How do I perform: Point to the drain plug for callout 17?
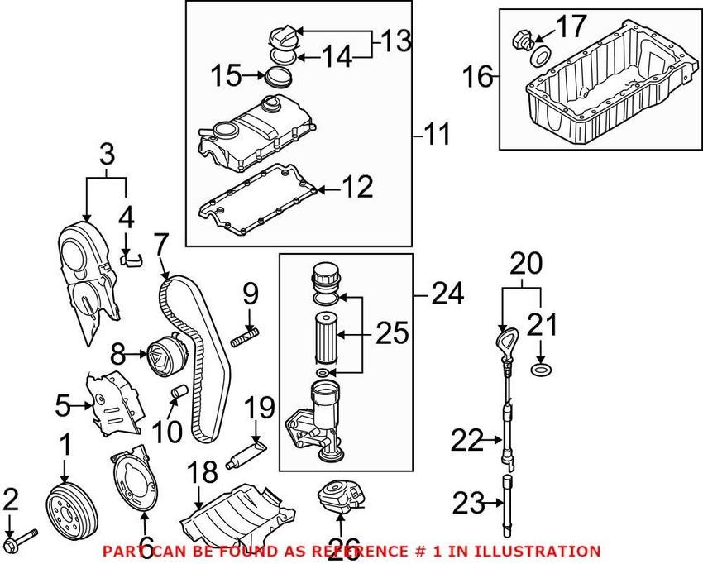click(x=522, y=39)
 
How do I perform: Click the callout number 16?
click(x=477, y=76)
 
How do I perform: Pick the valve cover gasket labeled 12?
click(x=258, y=196)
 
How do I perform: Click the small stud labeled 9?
click(x=246, y=337)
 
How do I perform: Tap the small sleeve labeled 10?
click(x=179, y=390)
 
